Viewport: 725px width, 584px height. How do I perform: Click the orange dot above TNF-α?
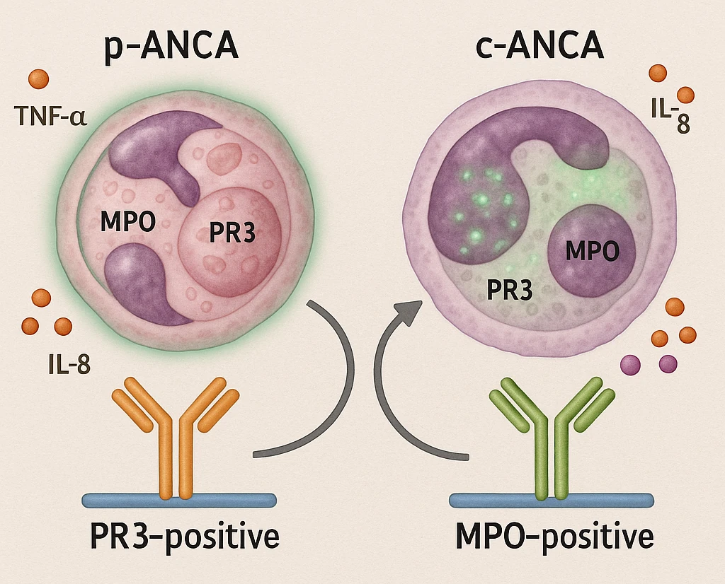[38, 79]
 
